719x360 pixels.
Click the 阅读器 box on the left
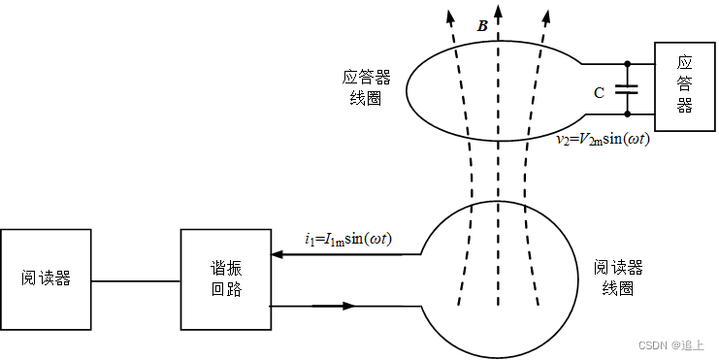tap(47, 278)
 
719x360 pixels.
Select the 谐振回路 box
tap(226, 278)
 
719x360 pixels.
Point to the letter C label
tap(599, 92)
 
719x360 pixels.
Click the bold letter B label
tap(482, 26)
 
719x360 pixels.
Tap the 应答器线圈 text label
tap(361, 87)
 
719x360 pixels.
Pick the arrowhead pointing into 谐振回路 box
tap(278, 255)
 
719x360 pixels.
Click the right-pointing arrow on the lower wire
tap(344, 306)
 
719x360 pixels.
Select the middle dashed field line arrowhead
tap(498, 12)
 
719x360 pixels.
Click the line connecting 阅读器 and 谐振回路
tap(136, 281)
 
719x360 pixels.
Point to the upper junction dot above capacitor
tap(629, 65)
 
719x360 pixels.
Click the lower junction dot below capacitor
tap(629, 114)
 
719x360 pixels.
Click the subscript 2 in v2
tap(566, 143)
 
